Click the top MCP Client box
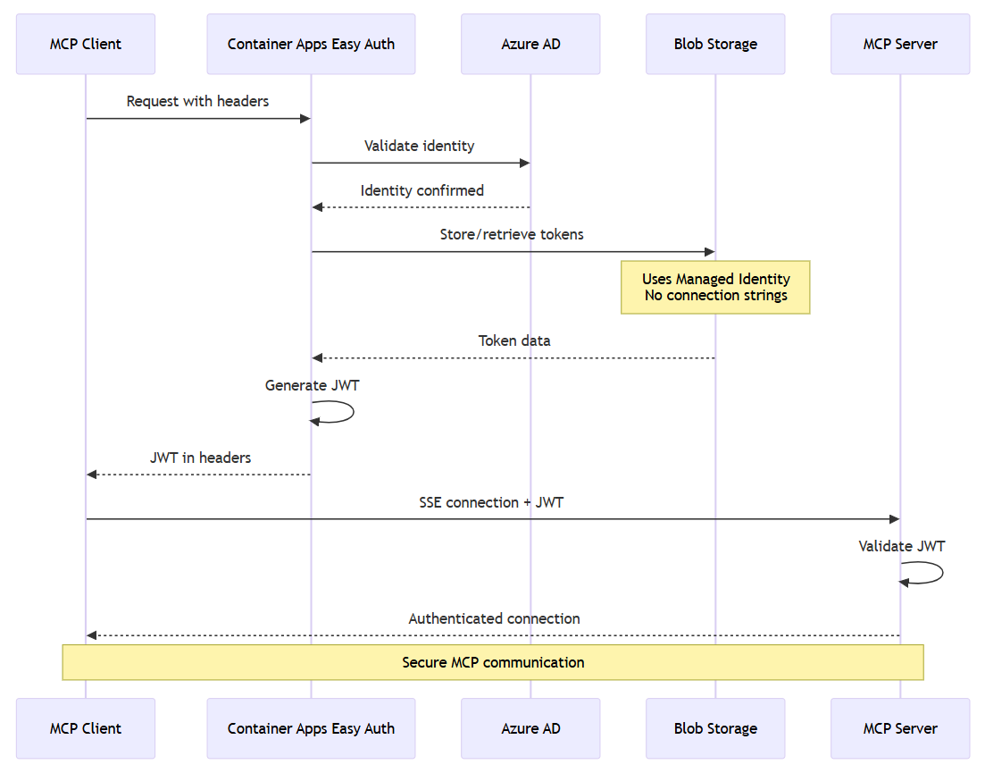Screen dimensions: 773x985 tap(86, 44)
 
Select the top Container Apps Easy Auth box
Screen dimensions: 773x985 tap(311, 44)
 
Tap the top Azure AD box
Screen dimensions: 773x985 tap(530, 44)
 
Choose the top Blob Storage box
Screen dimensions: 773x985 tap(715, 44)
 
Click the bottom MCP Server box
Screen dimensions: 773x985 tap(899, 728)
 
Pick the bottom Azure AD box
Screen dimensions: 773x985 tap(530, 728)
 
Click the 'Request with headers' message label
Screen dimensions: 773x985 tap(197, 101)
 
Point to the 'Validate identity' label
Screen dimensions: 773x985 tap(419, 146)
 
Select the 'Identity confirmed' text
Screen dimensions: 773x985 tap(422, 190)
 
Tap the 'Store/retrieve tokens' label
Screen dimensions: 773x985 tap(512, 234)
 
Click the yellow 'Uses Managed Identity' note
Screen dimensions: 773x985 tap(715, 287)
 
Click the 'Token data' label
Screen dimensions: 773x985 tap(514, 340)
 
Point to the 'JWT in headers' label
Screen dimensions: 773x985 tap(200, 458)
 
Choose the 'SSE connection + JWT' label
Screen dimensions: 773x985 tap(491, 502)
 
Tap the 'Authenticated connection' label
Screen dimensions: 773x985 tap(494, 618)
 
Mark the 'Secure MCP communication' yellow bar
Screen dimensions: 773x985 tap(492, 662)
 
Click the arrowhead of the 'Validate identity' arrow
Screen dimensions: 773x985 tap(525, 163)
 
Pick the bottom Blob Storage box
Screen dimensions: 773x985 tap(715, 728)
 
